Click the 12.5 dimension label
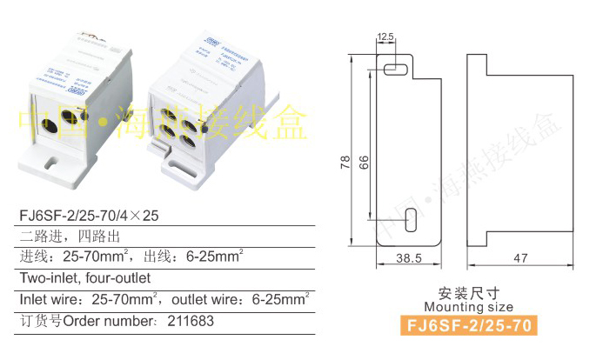385,37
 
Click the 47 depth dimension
519,258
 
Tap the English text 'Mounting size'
469,307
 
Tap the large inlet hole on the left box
51,124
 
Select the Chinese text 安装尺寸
469,293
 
